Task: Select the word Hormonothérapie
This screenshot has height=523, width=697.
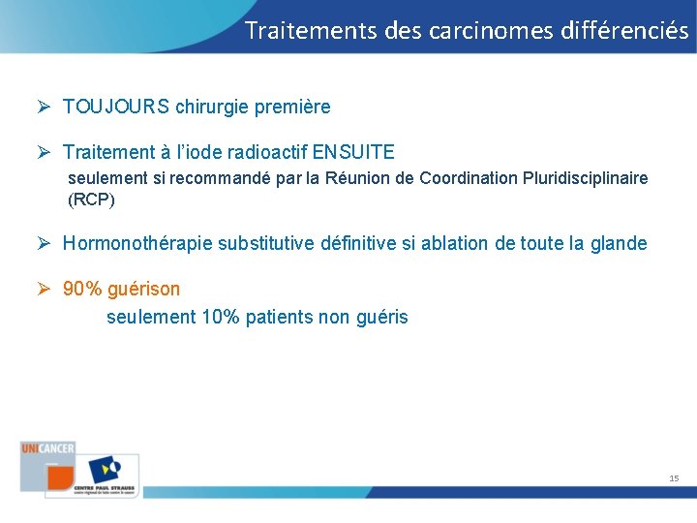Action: point(138,243)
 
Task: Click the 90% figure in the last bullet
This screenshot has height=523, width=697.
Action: point(82,289)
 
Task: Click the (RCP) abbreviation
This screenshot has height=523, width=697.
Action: point(91,200)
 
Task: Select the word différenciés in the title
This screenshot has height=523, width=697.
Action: point(624,30)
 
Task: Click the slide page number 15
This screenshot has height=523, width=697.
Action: point(674,478)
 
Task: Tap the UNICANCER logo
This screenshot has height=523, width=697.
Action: point(47,448)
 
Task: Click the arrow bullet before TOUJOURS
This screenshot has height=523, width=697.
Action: point(45,108)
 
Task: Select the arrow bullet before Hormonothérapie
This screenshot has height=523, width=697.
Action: point(45,243)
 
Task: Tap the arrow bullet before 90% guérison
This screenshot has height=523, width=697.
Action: point(45,289)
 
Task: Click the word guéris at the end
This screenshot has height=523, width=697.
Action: point(381,317)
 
